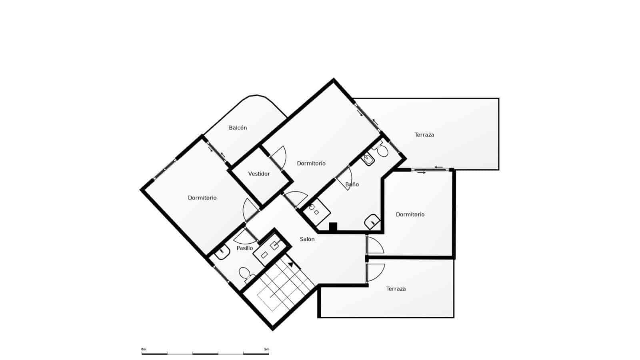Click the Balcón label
click(x=238, y=128)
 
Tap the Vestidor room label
click(x=259, y=174)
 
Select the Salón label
click(x=307, y=239)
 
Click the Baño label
click(x=352, y=184)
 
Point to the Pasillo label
click(x=244, y=248)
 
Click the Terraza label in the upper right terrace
click(x=424, y=135)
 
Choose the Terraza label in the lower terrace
click(x=396, y=289)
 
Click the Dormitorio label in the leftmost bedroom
click(x=202, y=198)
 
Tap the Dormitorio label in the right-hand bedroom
click(x=410, y=215)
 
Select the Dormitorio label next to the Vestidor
click(x=311, y=164)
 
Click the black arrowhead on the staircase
click(x=291, y=264)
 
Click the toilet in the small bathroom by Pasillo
click(x=244, y=274)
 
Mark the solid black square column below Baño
click(x=333, y=227)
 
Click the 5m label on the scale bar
click(x=266, y=349)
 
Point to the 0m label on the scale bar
click(x=144, y=349)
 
